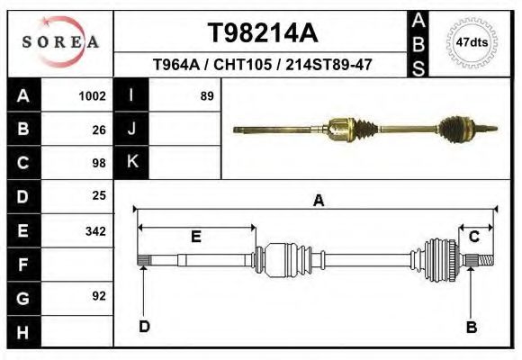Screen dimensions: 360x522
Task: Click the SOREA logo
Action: pos(59,41)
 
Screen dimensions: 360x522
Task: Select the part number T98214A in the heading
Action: pos(262,33)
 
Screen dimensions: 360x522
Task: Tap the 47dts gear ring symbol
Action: pos(472,41)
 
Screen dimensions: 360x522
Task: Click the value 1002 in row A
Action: pos(93,95)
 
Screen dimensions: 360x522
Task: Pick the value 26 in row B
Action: pos(99,130)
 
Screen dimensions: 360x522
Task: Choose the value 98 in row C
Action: pos(99,163)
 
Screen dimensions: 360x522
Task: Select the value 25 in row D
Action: pos(99,195)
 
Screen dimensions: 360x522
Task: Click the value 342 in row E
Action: pos(95,230)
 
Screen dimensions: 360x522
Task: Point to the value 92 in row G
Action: pos(99,296)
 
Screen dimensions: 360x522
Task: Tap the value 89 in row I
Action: pos(206,95)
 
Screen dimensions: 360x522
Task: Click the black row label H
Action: pos(22,332)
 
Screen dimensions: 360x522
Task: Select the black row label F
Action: pos(22,265)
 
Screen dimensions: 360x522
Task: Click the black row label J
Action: pos(131,129)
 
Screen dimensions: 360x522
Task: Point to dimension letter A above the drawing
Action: pos(318,202)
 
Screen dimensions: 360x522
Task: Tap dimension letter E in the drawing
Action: pos(195,236)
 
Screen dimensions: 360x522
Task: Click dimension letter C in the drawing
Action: pos(473,236)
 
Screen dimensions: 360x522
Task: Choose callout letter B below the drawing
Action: pos(471,327)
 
